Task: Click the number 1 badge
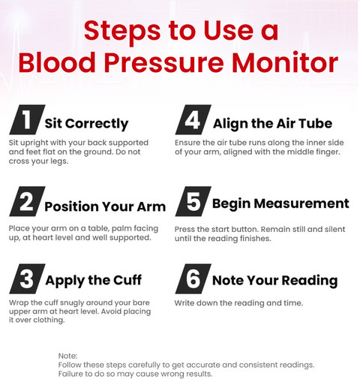coord(27,119)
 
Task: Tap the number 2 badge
coord(27,201)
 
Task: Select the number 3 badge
coord(27,278)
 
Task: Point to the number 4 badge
coord(193,119)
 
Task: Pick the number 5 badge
coord(193,201)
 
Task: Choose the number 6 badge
coord(193,278)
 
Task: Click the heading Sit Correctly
coord(86,124)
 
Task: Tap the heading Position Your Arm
coord(105,206)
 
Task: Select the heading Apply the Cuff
coord(94,281)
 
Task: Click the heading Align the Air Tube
coord(272,124)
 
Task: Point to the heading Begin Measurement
coord(280,204)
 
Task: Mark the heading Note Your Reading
coord(275,281)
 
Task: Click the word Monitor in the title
coord(285,62)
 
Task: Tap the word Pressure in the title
coord(163,62)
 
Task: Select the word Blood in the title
coord(57,62)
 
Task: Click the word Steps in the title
coord(122,32)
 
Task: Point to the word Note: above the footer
coord(68,356)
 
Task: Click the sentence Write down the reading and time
coord(238,303)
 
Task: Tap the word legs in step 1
coord(60,161)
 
